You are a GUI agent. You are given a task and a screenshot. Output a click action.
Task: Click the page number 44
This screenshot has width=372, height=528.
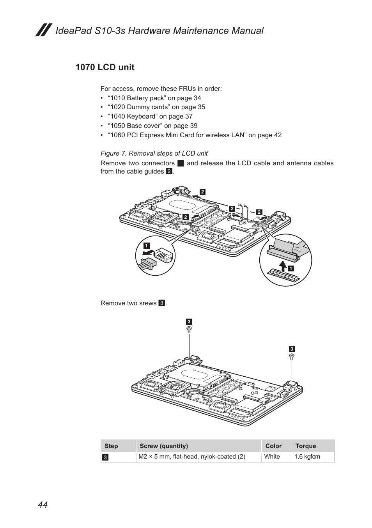(43, 505)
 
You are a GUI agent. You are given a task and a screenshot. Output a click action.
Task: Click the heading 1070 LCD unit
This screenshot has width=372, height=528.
(105, 67)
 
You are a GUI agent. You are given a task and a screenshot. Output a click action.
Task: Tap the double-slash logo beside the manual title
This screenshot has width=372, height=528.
(44, 30)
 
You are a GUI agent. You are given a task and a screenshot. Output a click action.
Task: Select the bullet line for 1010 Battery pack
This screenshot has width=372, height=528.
(154, 98)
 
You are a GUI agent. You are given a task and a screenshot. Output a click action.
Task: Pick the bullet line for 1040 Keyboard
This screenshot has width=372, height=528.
(150, 116)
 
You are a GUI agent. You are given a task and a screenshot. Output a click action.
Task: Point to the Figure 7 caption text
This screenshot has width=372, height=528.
(154, 153)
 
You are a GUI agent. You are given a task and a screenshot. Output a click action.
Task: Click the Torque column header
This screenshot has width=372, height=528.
(306, 446)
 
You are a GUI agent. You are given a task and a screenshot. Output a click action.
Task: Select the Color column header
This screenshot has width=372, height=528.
(273, 446)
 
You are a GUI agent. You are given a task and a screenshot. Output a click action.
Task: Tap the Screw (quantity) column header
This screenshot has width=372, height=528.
(164, 446)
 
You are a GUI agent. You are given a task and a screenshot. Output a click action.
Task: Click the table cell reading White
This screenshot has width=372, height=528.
(272, 457)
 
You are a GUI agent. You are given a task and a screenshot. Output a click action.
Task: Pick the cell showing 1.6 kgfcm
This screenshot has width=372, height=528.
(307, 457)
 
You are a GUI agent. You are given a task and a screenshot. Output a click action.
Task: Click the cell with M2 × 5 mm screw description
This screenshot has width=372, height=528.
(192, 457)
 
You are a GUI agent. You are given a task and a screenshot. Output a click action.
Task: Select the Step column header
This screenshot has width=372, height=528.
(111, 446)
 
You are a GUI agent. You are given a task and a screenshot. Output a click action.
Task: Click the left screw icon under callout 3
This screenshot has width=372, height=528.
(189, 330)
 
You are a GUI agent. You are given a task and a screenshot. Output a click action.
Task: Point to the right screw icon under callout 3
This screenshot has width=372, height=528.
(292, 356)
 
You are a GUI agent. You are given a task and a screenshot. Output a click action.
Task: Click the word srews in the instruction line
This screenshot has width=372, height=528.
(148, 303)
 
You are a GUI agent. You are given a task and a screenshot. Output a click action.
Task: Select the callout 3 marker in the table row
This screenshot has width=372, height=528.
(105, 457)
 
